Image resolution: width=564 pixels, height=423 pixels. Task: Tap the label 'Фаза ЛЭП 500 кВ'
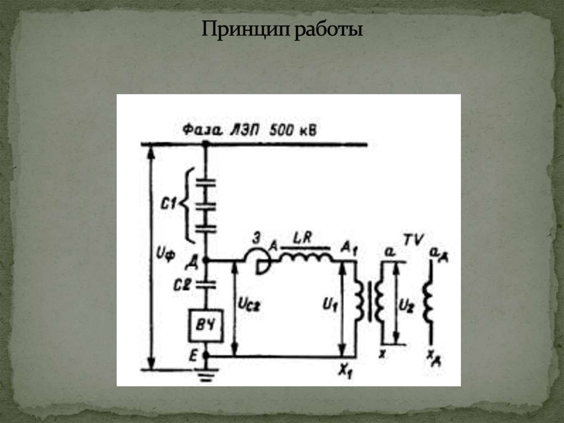tap(251, 131)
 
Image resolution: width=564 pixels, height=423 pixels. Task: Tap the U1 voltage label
tap(329, 303)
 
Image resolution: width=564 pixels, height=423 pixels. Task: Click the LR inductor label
tap(303, 238)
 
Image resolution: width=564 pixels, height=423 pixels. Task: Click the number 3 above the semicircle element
tap(257, 239)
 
